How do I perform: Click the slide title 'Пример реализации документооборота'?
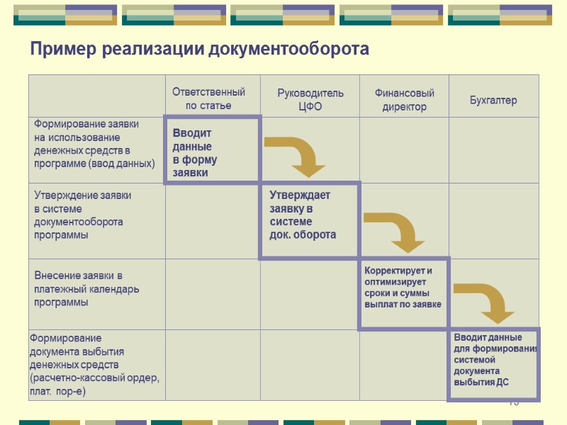(x=199, y=50)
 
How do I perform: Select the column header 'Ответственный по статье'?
(x=208, y=99)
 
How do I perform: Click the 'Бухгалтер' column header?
(x=493, y=100)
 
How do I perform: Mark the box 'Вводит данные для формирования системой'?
(x=494, y=363)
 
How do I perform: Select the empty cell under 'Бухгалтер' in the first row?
(x=493, y=150)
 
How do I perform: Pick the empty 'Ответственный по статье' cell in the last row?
(x=212, y=365)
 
